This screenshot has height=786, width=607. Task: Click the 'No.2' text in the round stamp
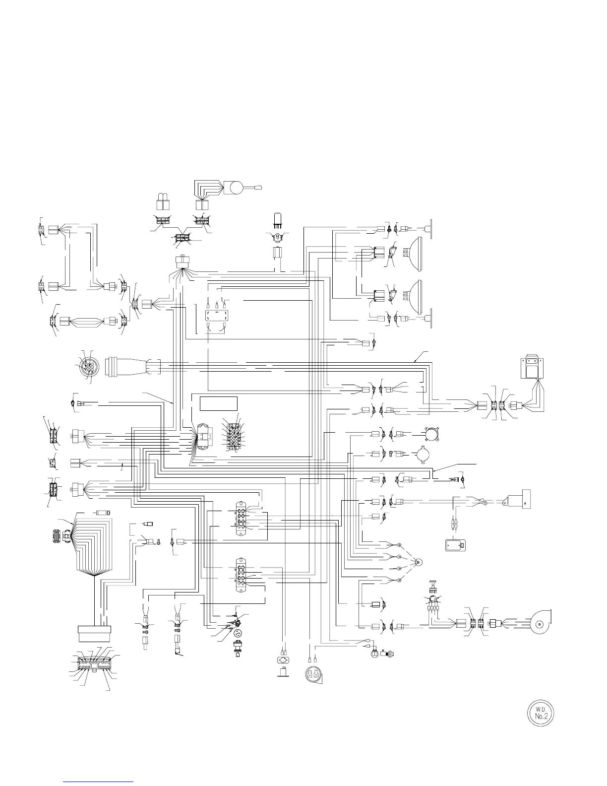click(x=540, y=717)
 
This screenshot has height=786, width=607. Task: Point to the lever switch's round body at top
click(x=234, y=188)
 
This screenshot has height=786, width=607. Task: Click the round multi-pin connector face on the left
click(x=88, y=367)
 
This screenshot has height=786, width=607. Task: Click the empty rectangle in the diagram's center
click(x=219, y=403)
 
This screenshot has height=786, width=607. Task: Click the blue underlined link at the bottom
click(x=99, y=781)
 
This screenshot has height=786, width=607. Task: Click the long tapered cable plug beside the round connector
click(x=131, y=368)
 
